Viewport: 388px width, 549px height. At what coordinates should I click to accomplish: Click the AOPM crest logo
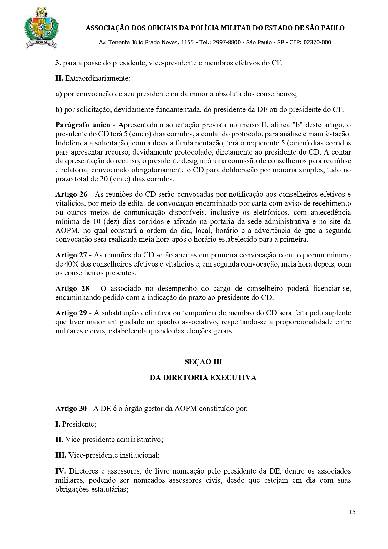(41, 28)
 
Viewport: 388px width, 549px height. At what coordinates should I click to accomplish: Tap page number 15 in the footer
(352, 512)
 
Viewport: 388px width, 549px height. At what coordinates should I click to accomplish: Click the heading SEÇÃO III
(203, 362)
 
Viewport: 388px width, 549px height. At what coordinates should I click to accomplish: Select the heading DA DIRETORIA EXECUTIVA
(203, 378)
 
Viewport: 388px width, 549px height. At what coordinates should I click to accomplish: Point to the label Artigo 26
(71, 194)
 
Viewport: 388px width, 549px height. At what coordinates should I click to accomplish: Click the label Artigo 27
(71, 255)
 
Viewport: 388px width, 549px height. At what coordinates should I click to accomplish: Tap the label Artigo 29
(71, 313)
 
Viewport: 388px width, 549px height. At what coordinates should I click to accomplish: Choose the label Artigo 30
(71, 409)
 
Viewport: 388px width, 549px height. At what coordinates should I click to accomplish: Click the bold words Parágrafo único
(83, 125)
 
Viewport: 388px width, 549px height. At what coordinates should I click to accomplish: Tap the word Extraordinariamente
(98, 78)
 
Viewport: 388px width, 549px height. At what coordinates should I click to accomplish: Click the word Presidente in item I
(79, 424)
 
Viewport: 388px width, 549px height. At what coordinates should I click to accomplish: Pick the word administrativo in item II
(139, 440)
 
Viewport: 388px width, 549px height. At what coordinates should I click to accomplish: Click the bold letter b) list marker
(59, 110)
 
